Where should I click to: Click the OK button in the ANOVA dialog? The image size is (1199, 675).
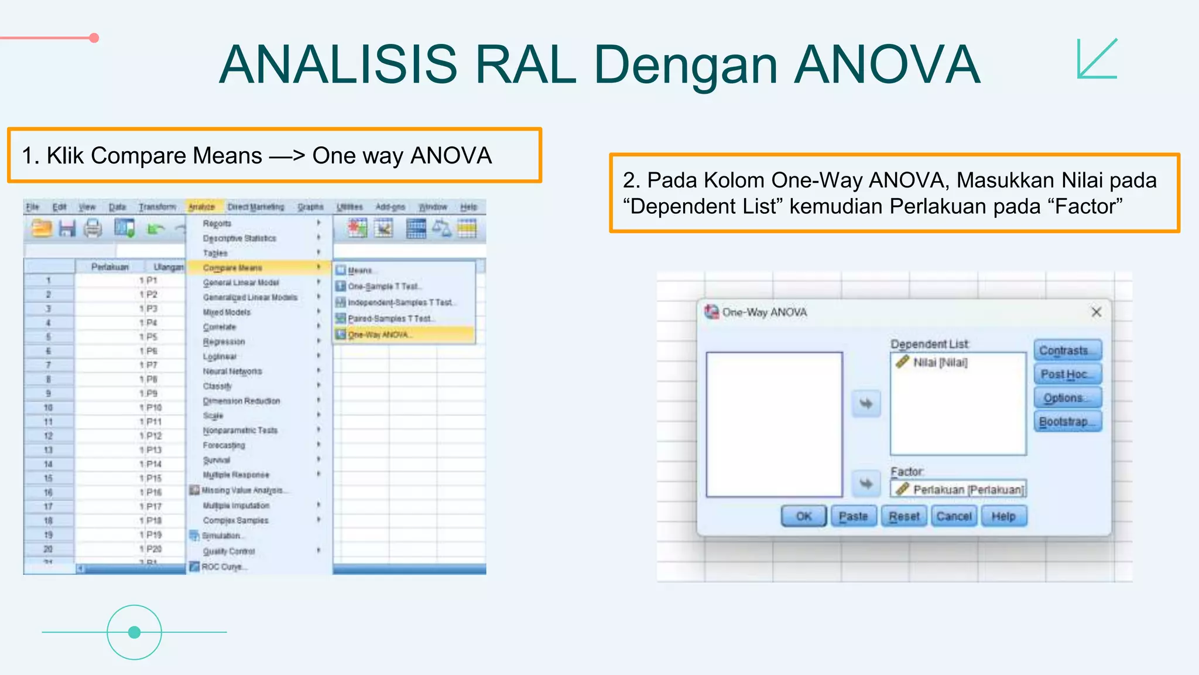[803, 516]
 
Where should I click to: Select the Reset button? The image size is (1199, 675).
[904, 516]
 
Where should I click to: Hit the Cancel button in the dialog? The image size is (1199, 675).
[954, 516]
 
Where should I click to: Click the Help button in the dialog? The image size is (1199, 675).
[1003, 516]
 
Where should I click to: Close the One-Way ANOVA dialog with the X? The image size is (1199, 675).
[1097, 312]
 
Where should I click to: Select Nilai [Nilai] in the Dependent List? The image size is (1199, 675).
[940, 363]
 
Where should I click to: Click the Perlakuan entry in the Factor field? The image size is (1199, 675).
[967, 489]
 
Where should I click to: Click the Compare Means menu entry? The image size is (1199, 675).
[232, 268]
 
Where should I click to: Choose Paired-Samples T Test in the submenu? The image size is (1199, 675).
[390, 319]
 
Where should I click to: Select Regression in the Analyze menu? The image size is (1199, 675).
[224, 342]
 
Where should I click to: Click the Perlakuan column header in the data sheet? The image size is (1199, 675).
[109, 267]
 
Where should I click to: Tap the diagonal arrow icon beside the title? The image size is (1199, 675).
[1097, 58]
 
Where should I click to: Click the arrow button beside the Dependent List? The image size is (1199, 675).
[866, 404]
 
